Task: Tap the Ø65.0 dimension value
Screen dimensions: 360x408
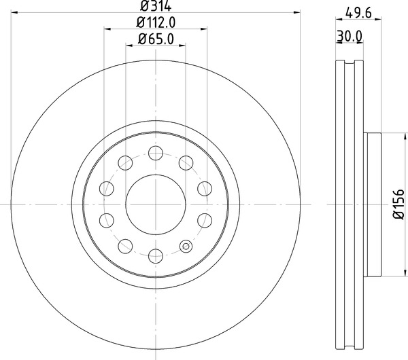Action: tap(156, 39)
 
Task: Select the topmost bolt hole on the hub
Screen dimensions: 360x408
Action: tap(156, 151)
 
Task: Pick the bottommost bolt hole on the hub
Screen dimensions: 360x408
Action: tap(156, 256)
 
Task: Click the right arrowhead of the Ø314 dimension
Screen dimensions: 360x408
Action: tap(296, 12)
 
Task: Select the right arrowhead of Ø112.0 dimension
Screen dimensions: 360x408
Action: tap(204, 29)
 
